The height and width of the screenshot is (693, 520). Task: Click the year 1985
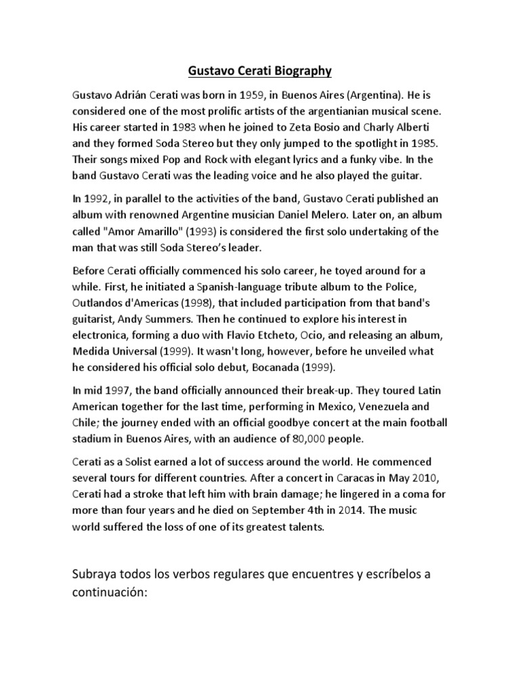point(428,143)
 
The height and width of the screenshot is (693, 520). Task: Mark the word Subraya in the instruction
point(96,575)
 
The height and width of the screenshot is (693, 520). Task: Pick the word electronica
point(102,336)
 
